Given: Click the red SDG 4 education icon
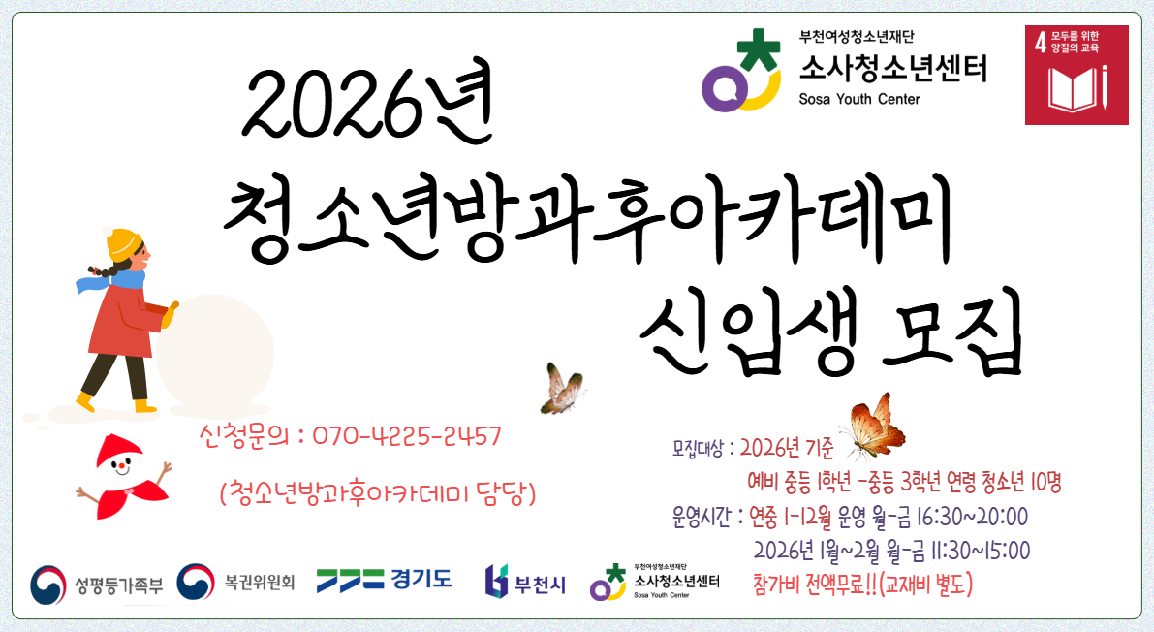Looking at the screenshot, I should [1076, 75].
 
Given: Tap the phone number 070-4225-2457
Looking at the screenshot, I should [406, 437].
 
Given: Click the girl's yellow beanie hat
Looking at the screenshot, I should [123, 242].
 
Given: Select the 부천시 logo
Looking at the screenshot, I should [525, 580].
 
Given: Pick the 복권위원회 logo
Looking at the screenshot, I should [236, 582].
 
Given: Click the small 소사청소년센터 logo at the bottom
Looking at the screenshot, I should [662, 583].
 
